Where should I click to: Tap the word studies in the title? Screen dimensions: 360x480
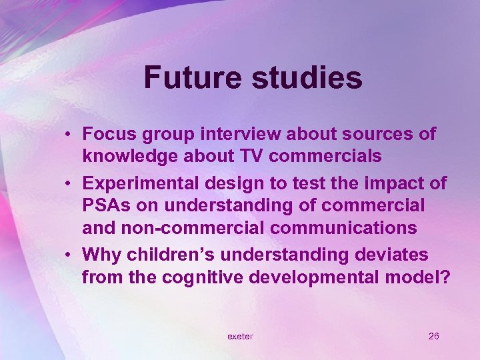click(307, 77)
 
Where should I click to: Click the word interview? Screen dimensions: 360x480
click(235, 134)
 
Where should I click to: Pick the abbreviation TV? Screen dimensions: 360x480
click(255, 156)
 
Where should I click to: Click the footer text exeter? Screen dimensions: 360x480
click(240, 336)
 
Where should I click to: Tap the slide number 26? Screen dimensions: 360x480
click(433, 336)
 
